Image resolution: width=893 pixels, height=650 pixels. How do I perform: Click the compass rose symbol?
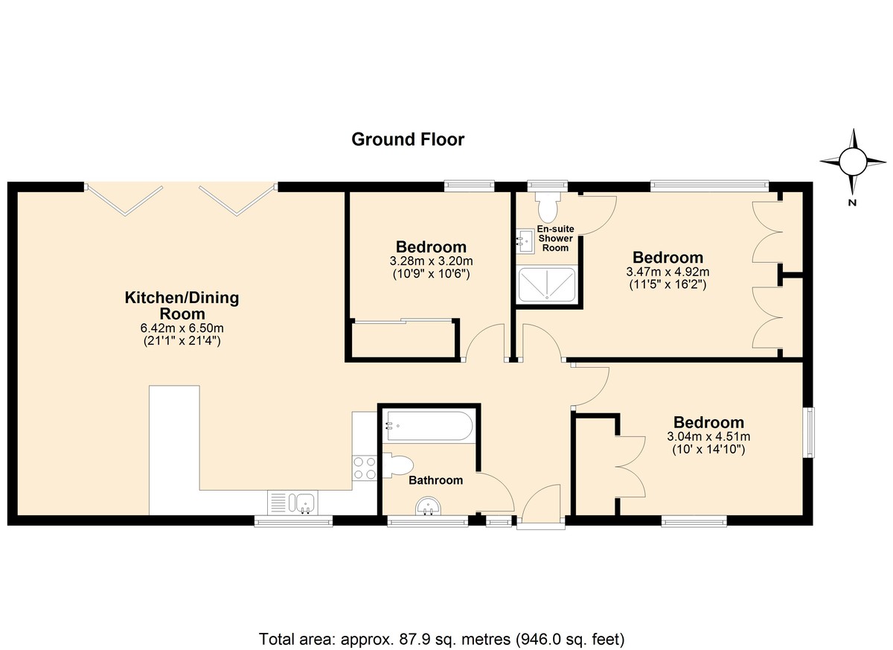click(x=853, y=162)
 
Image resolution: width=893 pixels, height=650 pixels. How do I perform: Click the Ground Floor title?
click(x=408, y=139)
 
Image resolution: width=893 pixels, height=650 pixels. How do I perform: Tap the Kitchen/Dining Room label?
click(x=182, y=305)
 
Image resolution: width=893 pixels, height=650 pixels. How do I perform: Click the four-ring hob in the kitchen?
click(x=365, y=468)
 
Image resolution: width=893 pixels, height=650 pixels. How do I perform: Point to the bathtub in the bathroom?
click(x=429, y=426)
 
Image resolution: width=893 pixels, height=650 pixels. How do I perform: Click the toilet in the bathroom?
click(x=397, y=465)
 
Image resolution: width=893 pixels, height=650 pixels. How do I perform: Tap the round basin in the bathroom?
click(x=429, y=506)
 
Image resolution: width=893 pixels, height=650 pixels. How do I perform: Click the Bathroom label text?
click(x=436, y=480)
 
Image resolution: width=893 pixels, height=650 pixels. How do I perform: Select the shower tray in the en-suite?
click(x=547, y=284)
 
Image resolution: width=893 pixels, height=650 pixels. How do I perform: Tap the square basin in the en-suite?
click(x=525, y=241)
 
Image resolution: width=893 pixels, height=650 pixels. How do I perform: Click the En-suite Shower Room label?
click(x=555, y=238)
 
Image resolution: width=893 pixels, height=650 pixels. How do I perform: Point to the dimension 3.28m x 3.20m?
click(x=432, y=261)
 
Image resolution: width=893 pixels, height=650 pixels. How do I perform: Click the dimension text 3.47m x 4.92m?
click(x=668, y=272)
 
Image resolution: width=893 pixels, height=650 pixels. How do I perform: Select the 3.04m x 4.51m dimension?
click(x=708, y=436)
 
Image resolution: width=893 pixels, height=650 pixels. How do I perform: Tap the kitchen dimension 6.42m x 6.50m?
click(x=182, y=328)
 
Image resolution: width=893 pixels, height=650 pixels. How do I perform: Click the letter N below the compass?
click(x=852, y=203)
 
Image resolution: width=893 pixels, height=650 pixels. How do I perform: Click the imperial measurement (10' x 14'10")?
click(x=708, y=450)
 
